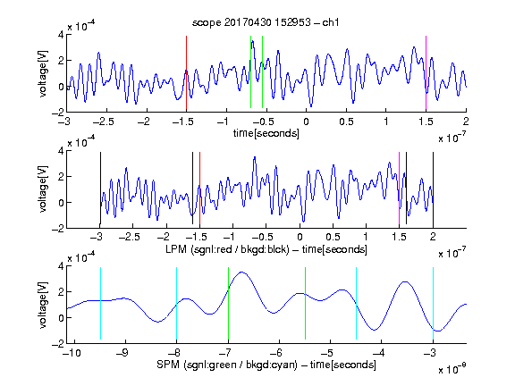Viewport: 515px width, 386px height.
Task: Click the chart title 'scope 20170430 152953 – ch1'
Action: (266, 22)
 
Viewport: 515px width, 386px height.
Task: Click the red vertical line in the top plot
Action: (186, 72)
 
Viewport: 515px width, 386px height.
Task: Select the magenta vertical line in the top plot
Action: (426, 72)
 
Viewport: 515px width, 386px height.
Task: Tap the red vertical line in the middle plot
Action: (199, 188)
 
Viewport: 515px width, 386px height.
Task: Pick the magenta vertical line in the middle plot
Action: (399, 188)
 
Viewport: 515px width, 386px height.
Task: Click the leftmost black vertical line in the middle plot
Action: (100, 188)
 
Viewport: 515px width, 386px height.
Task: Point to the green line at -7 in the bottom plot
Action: (228, 303)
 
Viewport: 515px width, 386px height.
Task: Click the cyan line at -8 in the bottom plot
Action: (177, 303)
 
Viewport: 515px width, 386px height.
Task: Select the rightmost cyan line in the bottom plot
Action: (433, 303)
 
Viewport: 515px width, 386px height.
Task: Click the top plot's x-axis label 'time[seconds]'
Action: (266, 133)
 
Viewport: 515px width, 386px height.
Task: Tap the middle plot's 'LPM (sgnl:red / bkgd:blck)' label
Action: (227, 249)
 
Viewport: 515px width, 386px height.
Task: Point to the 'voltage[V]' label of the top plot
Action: (43, 73)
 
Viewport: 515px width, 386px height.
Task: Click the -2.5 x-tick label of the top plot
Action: (103, 122)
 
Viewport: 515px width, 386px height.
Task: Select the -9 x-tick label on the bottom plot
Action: (122, 353)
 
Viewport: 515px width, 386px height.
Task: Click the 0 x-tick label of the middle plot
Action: (300, 237)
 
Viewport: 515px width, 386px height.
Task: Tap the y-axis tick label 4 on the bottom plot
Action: (61, 265)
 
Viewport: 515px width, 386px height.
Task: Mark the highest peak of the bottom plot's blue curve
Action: (241, 273)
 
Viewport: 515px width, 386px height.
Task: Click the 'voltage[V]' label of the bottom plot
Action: (43, 305)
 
